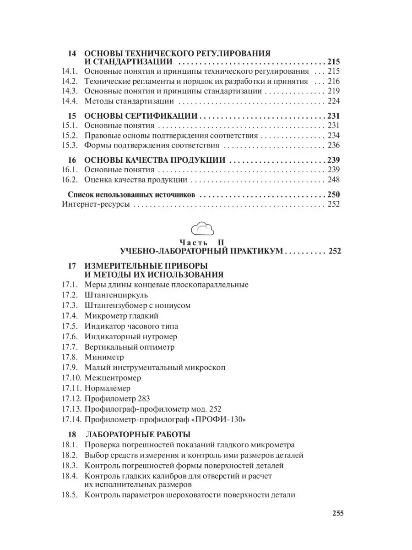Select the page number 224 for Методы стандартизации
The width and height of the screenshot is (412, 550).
(333, 101)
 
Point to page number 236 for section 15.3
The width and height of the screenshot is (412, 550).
(333, 146)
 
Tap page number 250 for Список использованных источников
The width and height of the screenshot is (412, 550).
(333, 194)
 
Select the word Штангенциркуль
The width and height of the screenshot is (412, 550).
(113, 295)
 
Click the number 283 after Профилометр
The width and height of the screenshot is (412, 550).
(142, 398)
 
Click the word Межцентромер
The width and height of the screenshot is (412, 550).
(113, 378)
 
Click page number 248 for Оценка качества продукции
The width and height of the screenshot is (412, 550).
(333, 180)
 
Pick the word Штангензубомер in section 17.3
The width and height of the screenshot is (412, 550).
(114, 305)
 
